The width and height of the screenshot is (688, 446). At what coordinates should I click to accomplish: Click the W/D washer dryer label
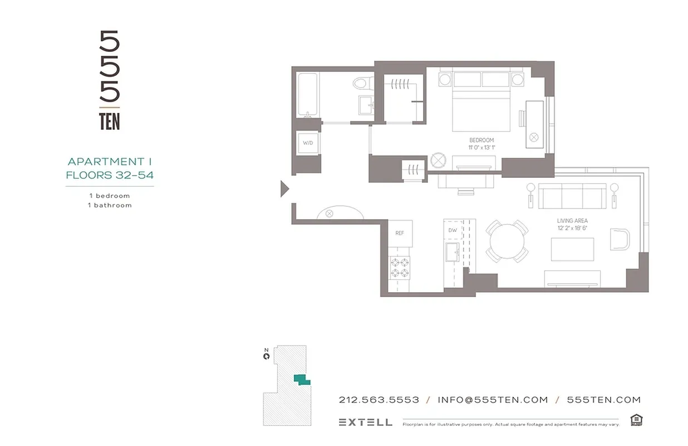308,143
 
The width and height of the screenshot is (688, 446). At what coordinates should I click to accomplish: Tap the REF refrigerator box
400,233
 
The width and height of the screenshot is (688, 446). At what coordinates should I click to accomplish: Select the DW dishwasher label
453,230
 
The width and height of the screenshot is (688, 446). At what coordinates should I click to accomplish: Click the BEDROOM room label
481,140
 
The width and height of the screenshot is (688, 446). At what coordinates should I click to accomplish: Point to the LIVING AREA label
572,221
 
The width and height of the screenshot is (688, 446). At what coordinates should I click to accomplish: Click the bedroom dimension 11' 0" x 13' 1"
481,148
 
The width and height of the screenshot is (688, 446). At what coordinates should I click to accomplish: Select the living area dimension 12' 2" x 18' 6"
572,229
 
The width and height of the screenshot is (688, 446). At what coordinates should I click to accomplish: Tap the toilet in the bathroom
361,84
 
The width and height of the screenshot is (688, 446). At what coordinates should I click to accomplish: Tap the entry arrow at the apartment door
284,189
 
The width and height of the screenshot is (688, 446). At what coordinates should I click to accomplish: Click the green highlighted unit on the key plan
302,380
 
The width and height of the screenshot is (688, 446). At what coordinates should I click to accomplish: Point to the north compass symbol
267,355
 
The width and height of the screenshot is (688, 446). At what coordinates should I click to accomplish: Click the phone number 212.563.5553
379,400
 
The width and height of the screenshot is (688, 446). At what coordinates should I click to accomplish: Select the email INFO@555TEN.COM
493,400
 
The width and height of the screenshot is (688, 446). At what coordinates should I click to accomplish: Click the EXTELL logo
365,422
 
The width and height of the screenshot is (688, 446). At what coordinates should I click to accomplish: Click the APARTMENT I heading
110,162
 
